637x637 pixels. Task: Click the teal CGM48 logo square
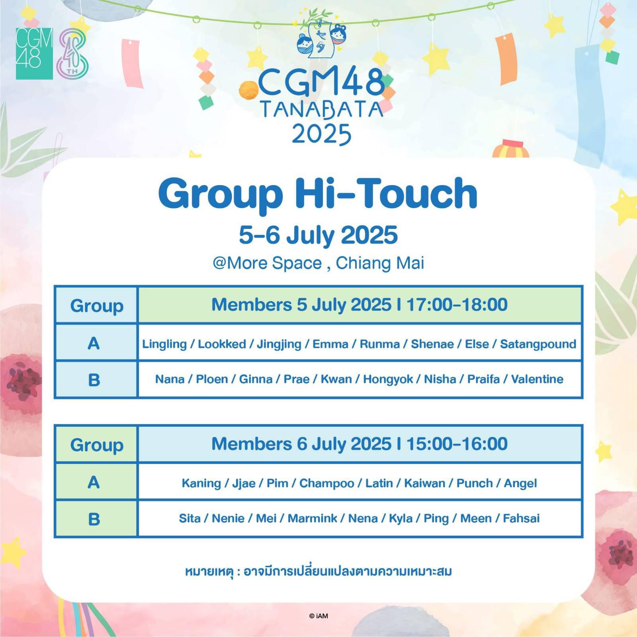coord(34,54)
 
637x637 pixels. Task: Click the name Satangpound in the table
coord(538,344)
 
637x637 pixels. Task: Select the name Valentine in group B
coord(537,379)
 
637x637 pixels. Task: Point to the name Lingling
coord(164,344)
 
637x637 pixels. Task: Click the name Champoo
coord(326,483)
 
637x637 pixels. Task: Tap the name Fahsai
coord(521,518)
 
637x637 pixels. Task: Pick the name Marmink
coord(313,518)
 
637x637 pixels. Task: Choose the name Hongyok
coord(388,379)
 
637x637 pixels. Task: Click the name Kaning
coord(201,483)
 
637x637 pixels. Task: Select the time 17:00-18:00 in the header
coord(457,305)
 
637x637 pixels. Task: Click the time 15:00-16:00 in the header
coord(457,444)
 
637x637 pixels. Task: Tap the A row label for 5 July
coord(94,343)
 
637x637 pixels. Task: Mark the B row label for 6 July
coord(94,519)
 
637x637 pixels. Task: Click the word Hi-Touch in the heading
coord(387,193)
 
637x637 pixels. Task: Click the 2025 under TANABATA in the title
coord(322,134)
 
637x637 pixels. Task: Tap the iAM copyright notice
coord(318,616)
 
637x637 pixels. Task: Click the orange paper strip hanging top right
coord(506,60)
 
